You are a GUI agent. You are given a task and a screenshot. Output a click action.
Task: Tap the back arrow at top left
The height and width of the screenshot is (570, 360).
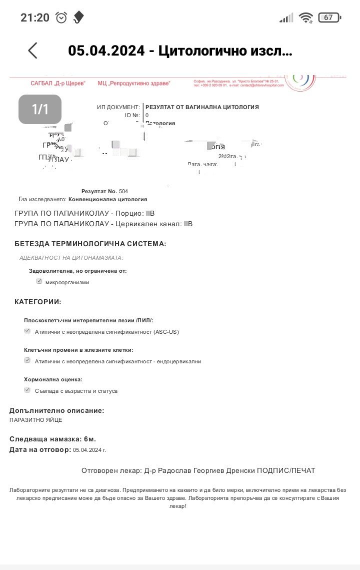[x=32, y=51]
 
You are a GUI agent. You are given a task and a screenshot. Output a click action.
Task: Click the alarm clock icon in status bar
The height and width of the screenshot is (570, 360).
[x=61, y=18]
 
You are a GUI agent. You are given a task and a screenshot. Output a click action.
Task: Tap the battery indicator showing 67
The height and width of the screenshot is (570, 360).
[x=329, y=18]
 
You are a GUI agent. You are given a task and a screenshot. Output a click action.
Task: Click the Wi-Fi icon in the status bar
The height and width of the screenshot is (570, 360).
[x=305, y=18]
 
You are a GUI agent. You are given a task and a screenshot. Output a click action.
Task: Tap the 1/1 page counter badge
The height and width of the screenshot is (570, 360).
[x=40, y=109]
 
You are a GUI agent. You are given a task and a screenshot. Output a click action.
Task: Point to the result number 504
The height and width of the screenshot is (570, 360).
[x=123, y=191]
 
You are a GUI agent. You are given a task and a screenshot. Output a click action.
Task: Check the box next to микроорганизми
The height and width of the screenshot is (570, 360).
[x=39, y=281]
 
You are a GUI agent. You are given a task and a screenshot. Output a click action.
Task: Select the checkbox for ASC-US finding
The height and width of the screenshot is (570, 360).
[x=27, y=331]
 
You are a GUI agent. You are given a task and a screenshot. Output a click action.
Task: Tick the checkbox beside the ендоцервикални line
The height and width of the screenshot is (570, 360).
[x=27, y=360]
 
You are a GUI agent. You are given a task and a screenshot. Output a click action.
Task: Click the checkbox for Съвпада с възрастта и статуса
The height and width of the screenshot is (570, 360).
[x=27, y=390]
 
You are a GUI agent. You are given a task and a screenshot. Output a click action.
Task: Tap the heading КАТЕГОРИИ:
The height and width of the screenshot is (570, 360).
[x=38, y=302]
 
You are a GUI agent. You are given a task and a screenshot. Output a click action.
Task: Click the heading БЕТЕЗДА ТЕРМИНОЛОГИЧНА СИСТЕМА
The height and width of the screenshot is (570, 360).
[x=90, y=244]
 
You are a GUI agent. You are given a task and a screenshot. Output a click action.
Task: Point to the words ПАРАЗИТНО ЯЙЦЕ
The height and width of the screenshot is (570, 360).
[x=36, y=420]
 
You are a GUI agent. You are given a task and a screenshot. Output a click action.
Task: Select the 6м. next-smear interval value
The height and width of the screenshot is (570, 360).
[x=90, y=439]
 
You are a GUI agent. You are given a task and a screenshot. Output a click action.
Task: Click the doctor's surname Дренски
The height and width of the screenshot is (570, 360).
[x=237, y=470]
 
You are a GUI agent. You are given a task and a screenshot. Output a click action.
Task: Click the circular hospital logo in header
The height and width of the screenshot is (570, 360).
[x=300, y=80]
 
